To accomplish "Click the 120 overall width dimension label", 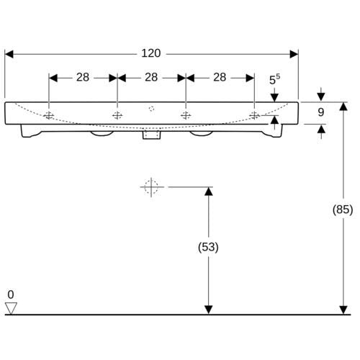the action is [151, 53].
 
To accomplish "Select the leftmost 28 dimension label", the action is [83, 77].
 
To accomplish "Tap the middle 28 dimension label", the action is [151, 77].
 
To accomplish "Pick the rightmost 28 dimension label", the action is [220, 77].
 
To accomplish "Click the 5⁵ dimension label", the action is [274, 79].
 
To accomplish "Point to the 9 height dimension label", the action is [321, 112].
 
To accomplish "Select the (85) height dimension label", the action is [343, 210].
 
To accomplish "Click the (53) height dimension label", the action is [208, 247].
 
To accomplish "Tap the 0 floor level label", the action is [11, 294].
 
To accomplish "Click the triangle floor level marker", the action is [11, 308].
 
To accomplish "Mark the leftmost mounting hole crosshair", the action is [49, 116].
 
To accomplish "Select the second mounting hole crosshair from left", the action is [117, 116].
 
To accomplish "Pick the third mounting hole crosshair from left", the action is [186, 116].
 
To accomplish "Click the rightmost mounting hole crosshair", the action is [254, 116].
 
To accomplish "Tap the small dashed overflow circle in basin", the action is [151, 109].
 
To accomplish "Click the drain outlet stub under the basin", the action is [152, 135].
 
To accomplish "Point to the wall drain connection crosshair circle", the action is [151, 187].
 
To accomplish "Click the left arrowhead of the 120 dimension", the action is [9, 54].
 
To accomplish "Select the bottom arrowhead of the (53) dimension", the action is [208, 310].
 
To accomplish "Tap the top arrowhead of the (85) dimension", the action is [343, 107].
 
